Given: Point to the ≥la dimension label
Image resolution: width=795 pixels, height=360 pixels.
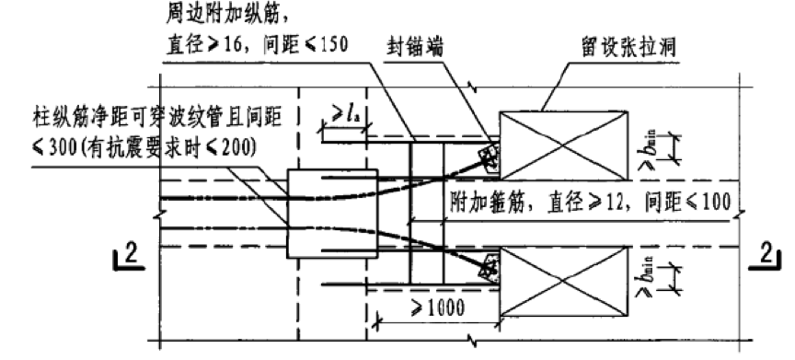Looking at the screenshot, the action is coord(345,114).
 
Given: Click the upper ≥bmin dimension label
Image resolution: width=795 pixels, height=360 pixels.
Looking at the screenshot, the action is coord(649,147).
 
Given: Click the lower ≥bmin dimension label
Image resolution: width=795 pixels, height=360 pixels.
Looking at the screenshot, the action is coord(649,275).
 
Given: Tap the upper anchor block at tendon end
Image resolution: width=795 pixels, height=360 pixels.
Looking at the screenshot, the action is coord(490,157).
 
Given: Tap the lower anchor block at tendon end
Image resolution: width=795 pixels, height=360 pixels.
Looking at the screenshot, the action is coord(490,268).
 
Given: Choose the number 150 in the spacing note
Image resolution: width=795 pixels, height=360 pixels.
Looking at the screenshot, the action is coord(335,45).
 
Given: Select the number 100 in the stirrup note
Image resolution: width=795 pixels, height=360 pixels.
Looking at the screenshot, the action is coord(716,203).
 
